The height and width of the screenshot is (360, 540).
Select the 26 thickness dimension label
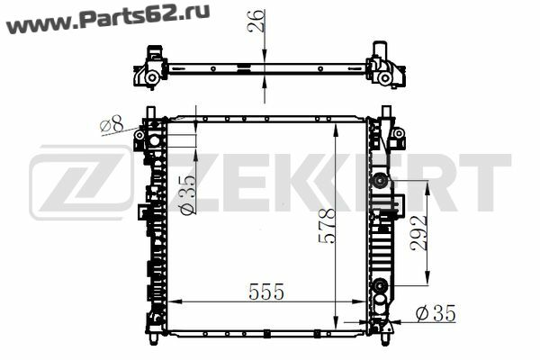pos(256,22)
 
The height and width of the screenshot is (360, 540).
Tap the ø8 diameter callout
pos(112,124)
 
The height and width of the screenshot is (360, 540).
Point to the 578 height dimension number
pos(327,226)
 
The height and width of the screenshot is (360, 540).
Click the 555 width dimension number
pos(266,292)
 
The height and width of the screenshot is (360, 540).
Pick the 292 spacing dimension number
pos(419,233)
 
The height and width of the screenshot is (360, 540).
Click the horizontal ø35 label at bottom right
pos(436,313)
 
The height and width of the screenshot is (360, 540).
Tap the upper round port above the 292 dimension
pos(380,180)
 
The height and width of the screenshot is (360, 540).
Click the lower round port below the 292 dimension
pos(380,285)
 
